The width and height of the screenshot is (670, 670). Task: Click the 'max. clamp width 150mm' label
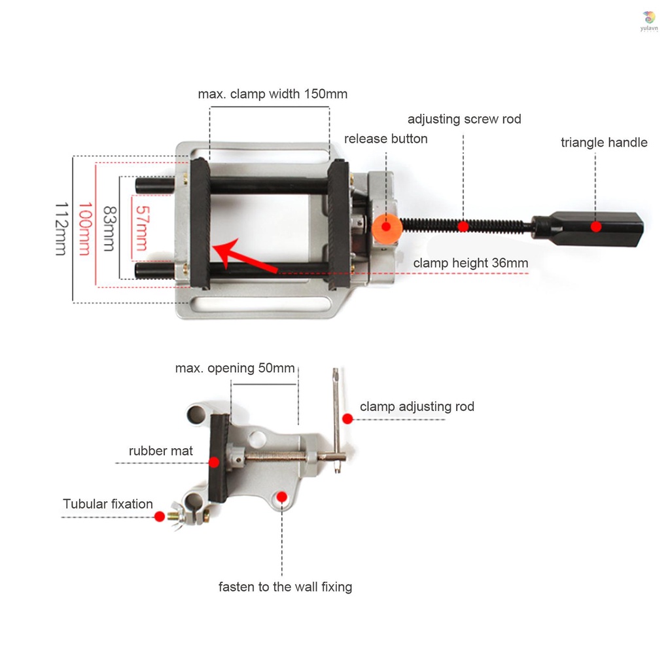pyautogui.click(x=272, y=94)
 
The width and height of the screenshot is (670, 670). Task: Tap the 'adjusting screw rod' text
pyautogui.click(x=464, y=119)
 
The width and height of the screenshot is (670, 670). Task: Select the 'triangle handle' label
pyautogui.click(x=603, y=143)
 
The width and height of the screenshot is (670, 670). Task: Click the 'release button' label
pyautogui.click(x=385, y=139)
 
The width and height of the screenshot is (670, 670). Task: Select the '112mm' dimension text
pyautogui.click(x=61, y=229)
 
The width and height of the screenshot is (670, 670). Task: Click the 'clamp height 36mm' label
pyautogui.click(x=470, y=263)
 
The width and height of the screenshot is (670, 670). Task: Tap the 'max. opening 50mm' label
pyautogui.click(x=234, y=368)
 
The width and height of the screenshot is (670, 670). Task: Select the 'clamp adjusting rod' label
pyautogui.click(x=417, y=406)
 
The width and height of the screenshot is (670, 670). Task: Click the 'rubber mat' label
pyautogui.click(x=161, y=451)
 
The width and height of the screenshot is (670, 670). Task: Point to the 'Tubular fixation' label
pyautogui.click(x=108, y=504)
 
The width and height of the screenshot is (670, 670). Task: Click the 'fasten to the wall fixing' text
pyautogui.click(x=285, y=587)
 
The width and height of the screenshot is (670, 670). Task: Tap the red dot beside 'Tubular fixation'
pyautogui.click(x=159, y=516)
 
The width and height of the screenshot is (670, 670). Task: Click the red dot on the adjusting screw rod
pyautogui.click(x=463, y=226)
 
